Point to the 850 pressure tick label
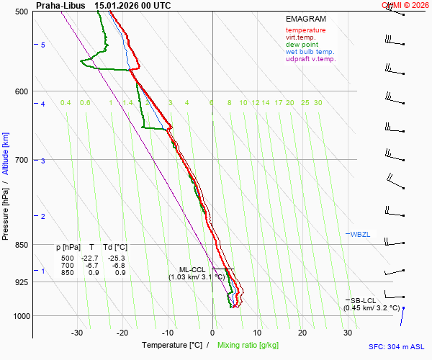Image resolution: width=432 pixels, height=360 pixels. coord(20,245)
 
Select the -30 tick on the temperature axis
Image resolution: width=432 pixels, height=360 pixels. coord(77,333)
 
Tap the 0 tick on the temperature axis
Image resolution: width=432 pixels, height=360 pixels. coord(212,333)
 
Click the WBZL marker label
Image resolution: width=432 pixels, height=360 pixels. coord(359,235)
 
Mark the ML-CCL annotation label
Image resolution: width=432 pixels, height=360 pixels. coord(192,269)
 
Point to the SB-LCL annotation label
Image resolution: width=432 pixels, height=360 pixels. coord(364,300)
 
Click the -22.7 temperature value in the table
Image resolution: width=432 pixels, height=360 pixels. coord(89,258)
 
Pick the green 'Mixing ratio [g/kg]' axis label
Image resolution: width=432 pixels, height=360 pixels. coord(251,346)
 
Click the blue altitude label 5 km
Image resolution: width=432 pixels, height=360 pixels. coord(43,45)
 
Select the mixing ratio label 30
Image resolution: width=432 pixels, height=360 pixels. coord(318,103)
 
